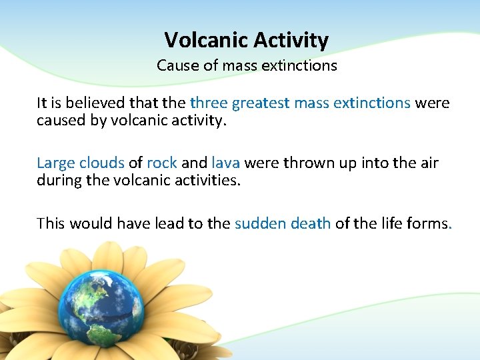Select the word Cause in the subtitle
point(175,66)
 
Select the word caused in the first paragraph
point(58,122)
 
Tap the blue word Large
point(56,163)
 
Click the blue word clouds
point(102,163)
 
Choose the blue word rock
point(161,163)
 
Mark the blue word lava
point(225,163)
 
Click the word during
point(58,181)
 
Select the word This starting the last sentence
point(51,223)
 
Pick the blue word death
point(311,223)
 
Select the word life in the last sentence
point(389,223)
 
